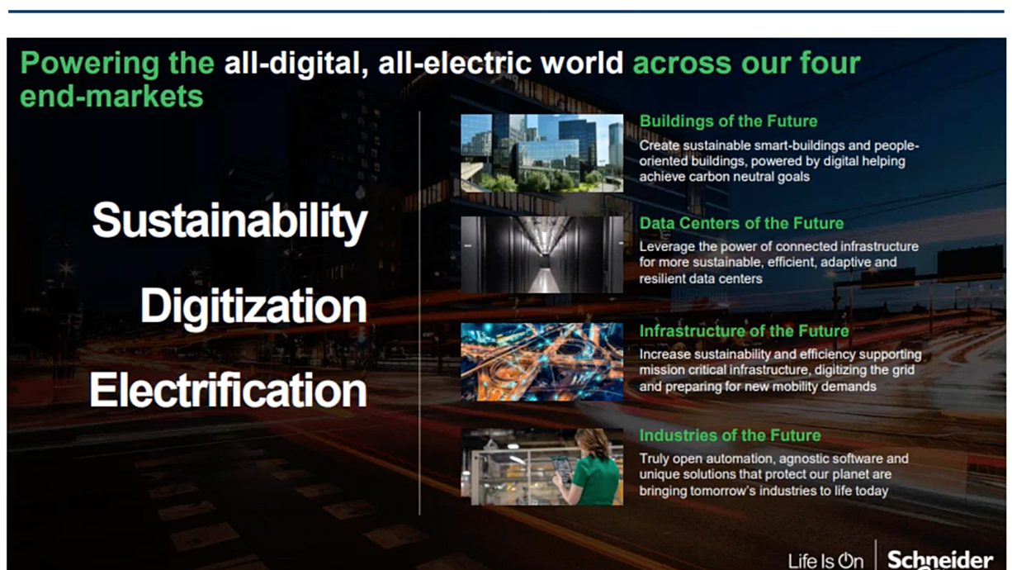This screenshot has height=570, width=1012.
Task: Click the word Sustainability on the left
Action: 229,221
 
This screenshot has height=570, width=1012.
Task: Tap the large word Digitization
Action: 253,307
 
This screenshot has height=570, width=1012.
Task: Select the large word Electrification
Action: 228,390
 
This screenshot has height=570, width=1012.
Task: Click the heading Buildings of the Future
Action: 728,121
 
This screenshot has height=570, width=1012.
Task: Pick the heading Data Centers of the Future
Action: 741,223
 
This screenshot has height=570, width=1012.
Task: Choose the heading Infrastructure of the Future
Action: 744,331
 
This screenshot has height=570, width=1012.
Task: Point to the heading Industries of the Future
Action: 730,435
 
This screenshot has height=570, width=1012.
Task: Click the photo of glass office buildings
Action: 541,153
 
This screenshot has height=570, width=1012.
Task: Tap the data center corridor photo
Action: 541,254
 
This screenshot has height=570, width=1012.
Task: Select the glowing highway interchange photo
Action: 541,362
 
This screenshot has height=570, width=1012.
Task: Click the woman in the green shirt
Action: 591,468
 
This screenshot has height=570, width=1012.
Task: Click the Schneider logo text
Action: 940,559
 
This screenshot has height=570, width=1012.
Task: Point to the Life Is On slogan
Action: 825,562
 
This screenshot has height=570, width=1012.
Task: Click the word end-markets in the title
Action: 111,97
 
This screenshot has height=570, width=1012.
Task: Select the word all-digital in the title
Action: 296,64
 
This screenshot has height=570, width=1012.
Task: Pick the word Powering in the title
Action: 89,64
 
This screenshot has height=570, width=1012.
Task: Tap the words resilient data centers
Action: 701,279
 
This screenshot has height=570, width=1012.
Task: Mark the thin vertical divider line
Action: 419,313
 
